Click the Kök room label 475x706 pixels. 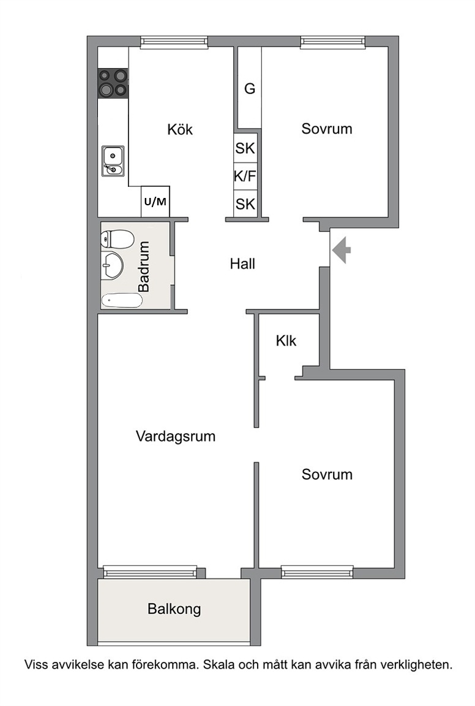click(x=180, y=130)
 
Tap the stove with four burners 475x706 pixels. click(x=113, y=83)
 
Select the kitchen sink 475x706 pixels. click(x=113, y=161)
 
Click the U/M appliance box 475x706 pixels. click(x=155, y=201)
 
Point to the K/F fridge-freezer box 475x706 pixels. click(x=245, y=176)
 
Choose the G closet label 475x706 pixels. click(x=250, y=89)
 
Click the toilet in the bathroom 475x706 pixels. click(x=117, y=239)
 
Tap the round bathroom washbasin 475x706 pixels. click(x=111, y=265)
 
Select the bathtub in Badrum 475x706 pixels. click(x=122, y=300)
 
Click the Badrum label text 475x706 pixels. click(x=144, y=267)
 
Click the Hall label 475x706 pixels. click(x=242, y=264)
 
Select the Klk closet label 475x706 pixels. click(x=286, y=341)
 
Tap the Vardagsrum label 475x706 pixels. click(x=176, y=436)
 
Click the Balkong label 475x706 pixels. click(x=174, y=609)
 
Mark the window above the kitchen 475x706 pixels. click(x=174, y=42)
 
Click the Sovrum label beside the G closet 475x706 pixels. click(x=327, y=129)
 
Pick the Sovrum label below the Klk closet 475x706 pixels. click(x=327, y=474)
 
